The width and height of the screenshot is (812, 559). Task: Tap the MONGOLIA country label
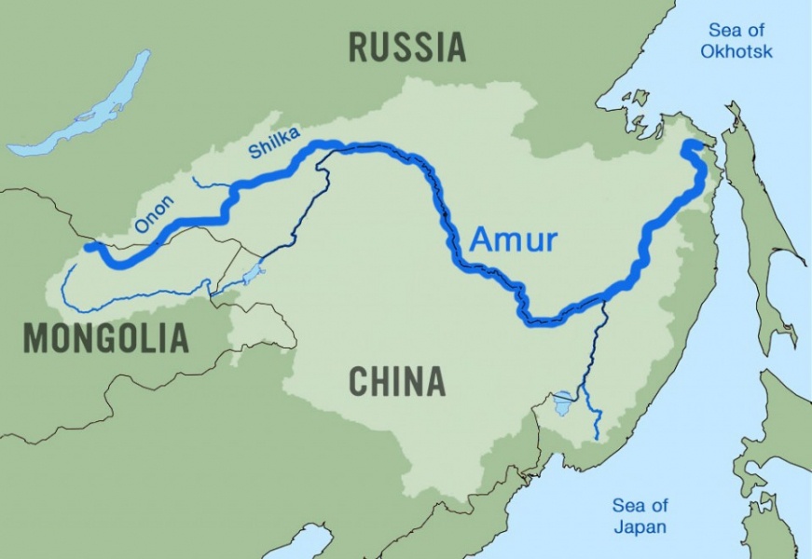(105, 337)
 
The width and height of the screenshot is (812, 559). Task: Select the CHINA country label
(396, 381)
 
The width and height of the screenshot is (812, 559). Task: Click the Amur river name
(513, 240)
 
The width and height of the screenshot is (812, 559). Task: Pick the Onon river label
(155, 213)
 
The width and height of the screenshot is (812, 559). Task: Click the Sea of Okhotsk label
(736, 41)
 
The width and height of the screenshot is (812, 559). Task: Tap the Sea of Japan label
(640, 516)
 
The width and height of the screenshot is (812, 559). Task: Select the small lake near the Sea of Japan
(563, 403)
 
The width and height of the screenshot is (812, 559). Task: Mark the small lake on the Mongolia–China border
(253, 275)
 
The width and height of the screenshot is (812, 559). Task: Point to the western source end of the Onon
(89, 247)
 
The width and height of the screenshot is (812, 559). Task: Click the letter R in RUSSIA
(359, 47)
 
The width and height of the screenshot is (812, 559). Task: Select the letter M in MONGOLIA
(34, 337)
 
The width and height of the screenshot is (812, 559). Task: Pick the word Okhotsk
(736, 51)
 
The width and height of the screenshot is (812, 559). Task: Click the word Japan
(640, 526)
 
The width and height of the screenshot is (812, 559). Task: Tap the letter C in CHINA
(359, 381)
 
